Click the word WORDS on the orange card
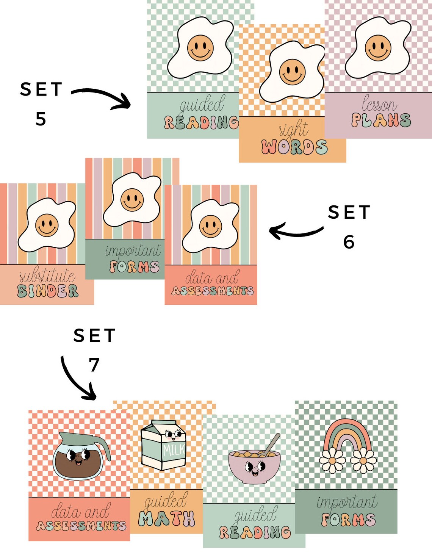294,147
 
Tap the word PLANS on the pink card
381,120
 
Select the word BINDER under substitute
48,291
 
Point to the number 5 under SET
41,119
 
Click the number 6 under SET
349,242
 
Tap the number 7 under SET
94,365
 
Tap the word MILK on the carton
174,450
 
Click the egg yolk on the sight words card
293,72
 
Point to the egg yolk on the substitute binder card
47,225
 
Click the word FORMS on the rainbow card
348,519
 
